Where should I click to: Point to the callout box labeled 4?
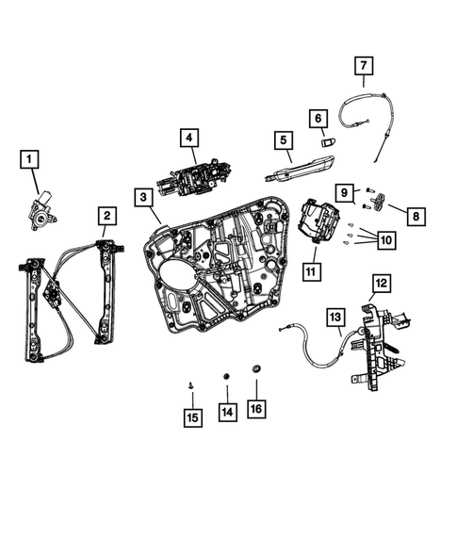(x=189, y=139)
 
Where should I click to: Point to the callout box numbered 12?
(x=380, y=281)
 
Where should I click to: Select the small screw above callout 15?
(x=191, y=384)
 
